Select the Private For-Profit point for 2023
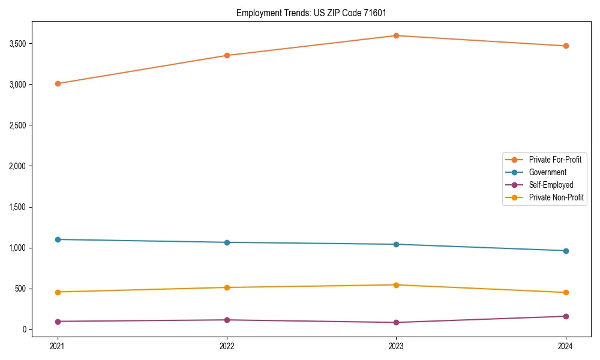(x=396, y=35)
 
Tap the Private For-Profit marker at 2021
(x=58, y=83)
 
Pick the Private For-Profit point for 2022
(x=227, y=55)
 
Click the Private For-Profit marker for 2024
(x=566, y=46)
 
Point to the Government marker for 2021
(x=58, y=239)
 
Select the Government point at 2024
(x=566, y=251)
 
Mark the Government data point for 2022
(x=227, y=242)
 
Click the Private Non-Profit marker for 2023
(x=396, y=285)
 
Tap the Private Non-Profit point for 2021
(x=58, y=292)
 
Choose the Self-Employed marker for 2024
(x=566, y=316)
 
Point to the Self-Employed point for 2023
(x=396, y=322)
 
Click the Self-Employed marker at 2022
(x=227, y=320)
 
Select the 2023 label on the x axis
(x=396, y=346)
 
